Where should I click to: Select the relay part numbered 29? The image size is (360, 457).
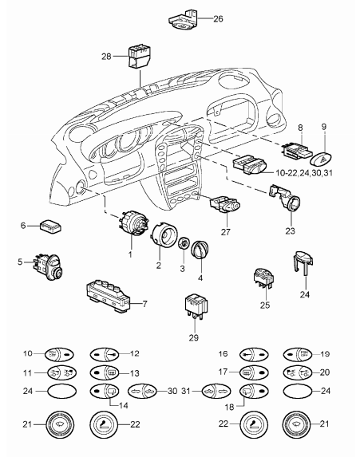click(x=196, y=307)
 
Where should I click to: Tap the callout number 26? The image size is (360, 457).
click(x=218, y=19)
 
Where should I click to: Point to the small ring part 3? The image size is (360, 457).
click(x=184, y=243)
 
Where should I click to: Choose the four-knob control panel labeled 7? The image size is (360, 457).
click(x=109, y=297)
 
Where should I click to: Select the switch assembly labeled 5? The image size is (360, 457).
click(x=48, y=266)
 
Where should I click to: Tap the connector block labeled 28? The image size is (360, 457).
click(x=139, y=57)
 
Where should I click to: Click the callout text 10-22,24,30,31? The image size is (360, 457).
click(x=304, y=173)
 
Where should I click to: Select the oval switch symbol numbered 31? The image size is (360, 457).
click(x=216, y=391)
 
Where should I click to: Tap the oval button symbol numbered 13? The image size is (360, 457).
click(x=104, y=372)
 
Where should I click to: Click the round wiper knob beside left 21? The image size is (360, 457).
click(x=60, y=424)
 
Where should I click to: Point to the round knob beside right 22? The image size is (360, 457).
click(x=254, y=424)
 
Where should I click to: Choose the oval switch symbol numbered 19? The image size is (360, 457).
click(x=298, y=355)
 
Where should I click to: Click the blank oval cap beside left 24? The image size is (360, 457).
click(x=61, y=391)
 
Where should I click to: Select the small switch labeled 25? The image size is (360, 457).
click(x=263, y=278)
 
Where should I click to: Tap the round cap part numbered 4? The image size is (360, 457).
click(x=199, y=250)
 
